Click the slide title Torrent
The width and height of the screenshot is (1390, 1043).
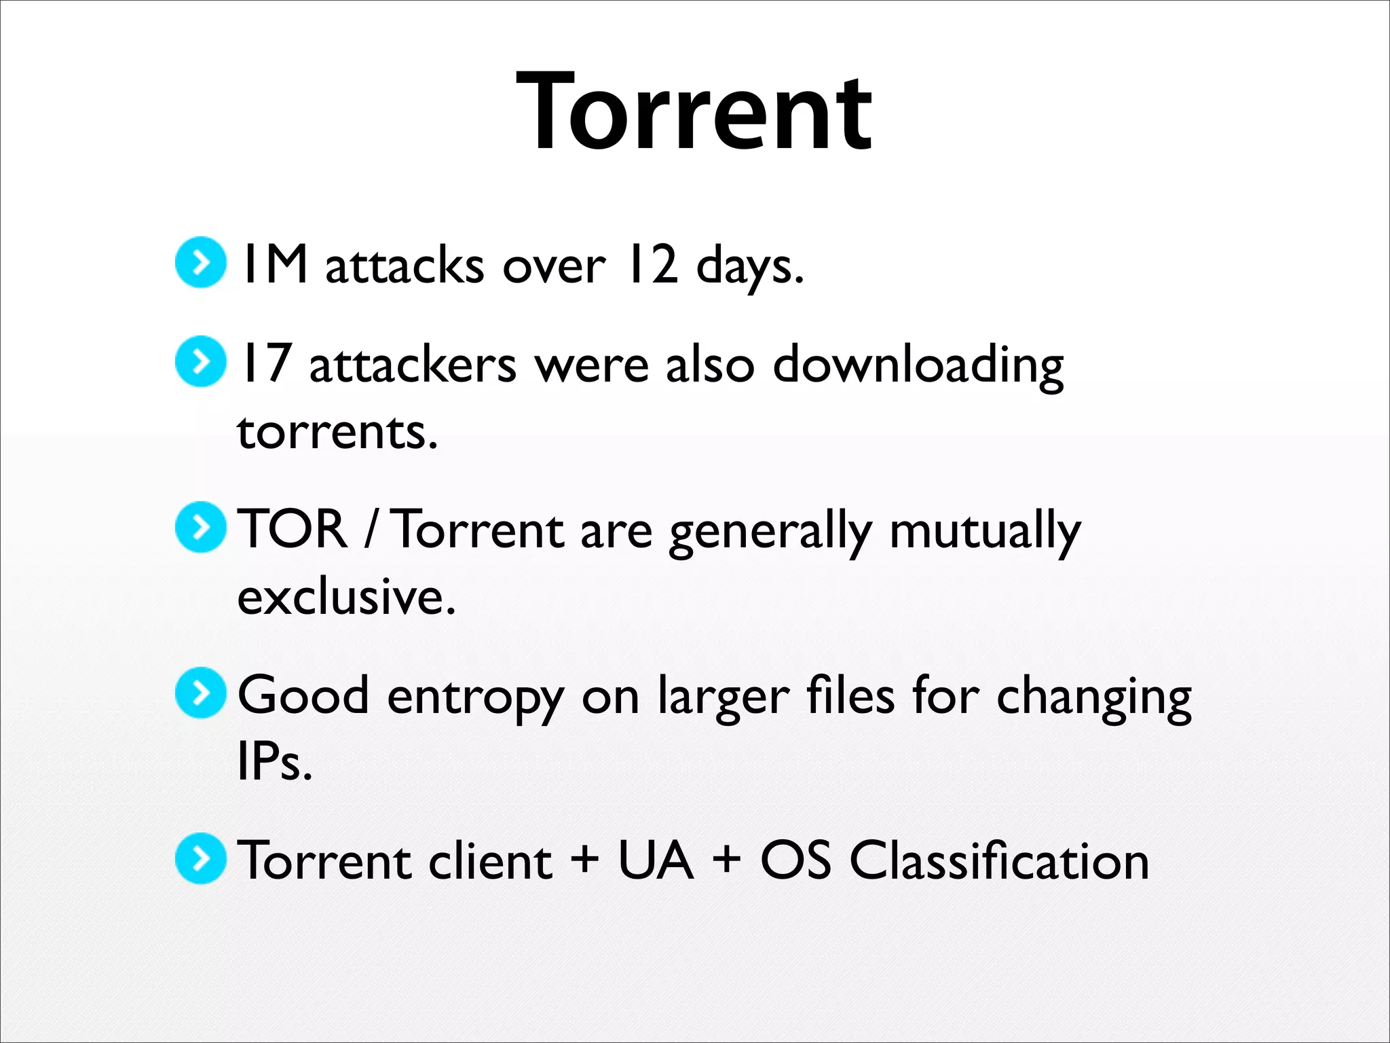click(x=694, y=112)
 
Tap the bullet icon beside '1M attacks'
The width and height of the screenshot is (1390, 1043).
click(x=200, y=262)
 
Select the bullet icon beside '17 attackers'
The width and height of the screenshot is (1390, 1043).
click(x=200, y=361)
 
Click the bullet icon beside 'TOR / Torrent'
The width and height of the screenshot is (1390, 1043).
click(x=200, y=527)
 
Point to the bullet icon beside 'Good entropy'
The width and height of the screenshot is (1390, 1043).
click(x=200, y=693)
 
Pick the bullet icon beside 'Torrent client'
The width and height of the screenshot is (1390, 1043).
click(x=200, y=858)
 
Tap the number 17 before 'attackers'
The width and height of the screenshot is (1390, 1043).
click(x=267, y=363)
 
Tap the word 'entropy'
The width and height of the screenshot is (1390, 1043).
click(x=475, y=698)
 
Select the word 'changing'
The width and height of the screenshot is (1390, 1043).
click(x=1093, y=698)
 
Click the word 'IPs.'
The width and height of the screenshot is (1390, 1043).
click(x=274, y=761)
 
